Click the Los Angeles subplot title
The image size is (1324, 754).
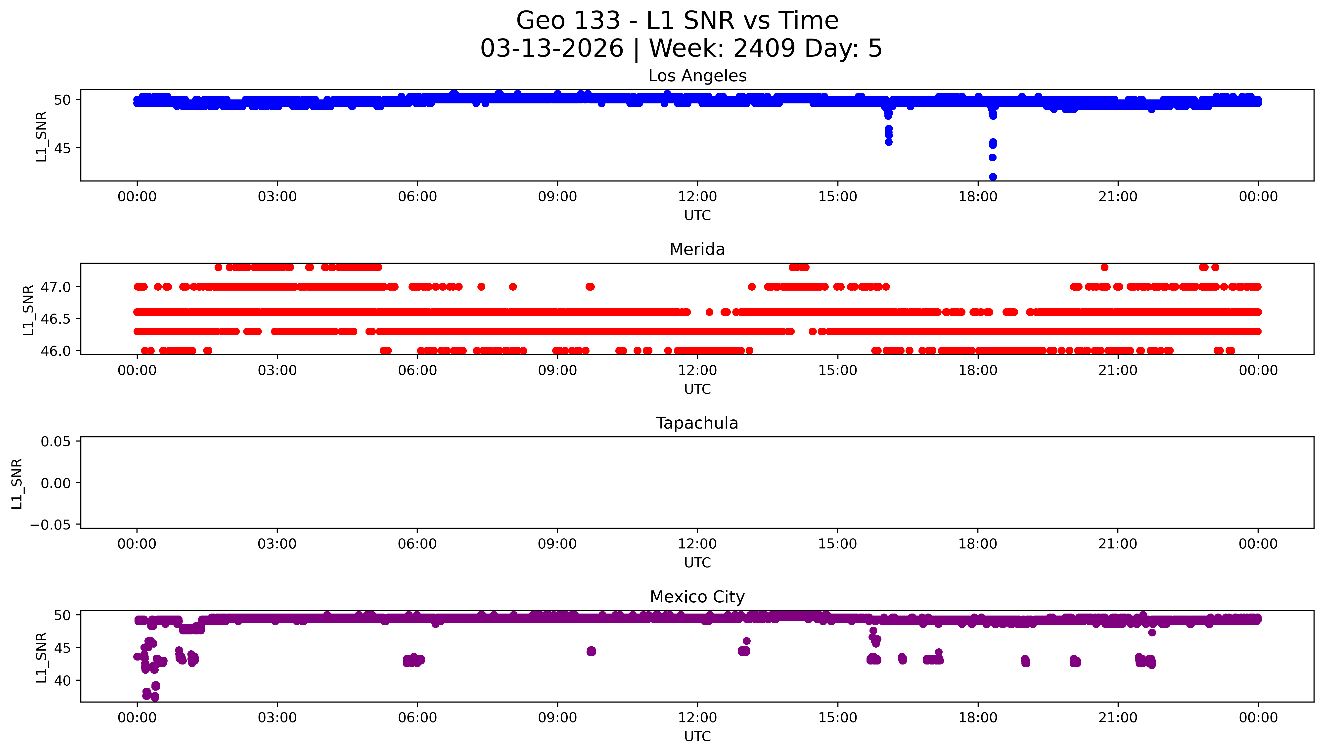pos(697,76)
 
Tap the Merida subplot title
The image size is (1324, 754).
pos(697,250)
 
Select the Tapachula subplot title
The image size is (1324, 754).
pos(697,423)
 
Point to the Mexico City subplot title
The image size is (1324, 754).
pos(697,597)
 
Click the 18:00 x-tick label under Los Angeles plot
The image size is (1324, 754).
pos(978,197)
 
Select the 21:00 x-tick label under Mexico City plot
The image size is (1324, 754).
pos(1117,718)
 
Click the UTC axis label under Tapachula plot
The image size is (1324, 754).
pos(697,563)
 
